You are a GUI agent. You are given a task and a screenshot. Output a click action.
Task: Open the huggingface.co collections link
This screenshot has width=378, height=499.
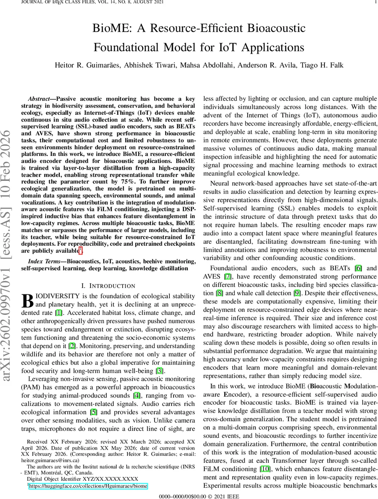(x=88, y=486)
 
